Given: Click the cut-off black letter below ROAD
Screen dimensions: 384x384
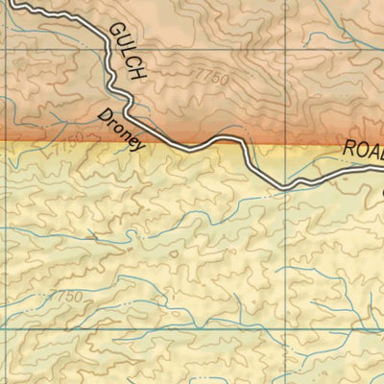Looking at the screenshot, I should click(x=381, y=189).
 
